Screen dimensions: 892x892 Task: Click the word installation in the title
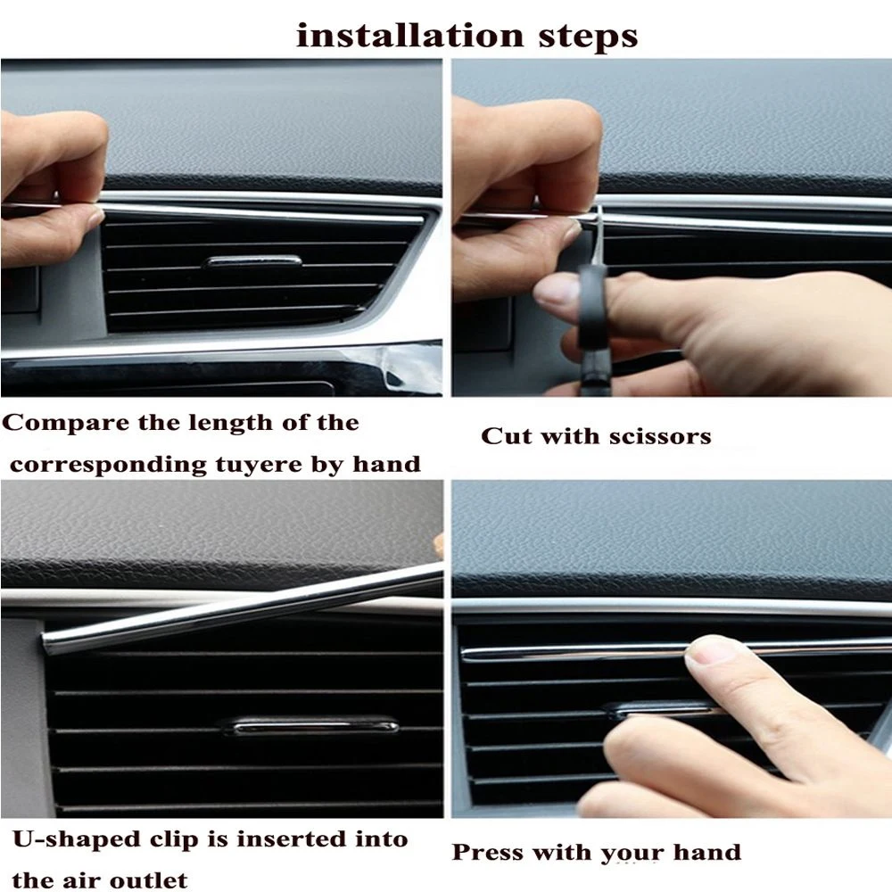click(x=409, y=36)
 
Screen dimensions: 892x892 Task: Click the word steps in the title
click(x=588, y=37)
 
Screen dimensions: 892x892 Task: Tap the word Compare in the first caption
click(x=65, y=424)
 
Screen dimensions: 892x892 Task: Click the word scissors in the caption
click(x=660, y=436)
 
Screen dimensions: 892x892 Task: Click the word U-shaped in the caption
click(x=76, y=840)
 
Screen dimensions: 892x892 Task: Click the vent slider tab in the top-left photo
click(x=253, y=261)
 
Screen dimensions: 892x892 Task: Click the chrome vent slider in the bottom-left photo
click(x=310, y=726)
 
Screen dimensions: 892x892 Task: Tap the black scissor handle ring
click(x=591, y=307)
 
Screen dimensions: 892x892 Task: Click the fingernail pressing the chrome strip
click(x=706, y=650)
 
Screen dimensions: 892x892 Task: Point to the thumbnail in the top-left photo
click(x=94, y=217)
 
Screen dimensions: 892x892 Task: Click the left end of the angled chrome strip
click(x=45, y=643)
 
